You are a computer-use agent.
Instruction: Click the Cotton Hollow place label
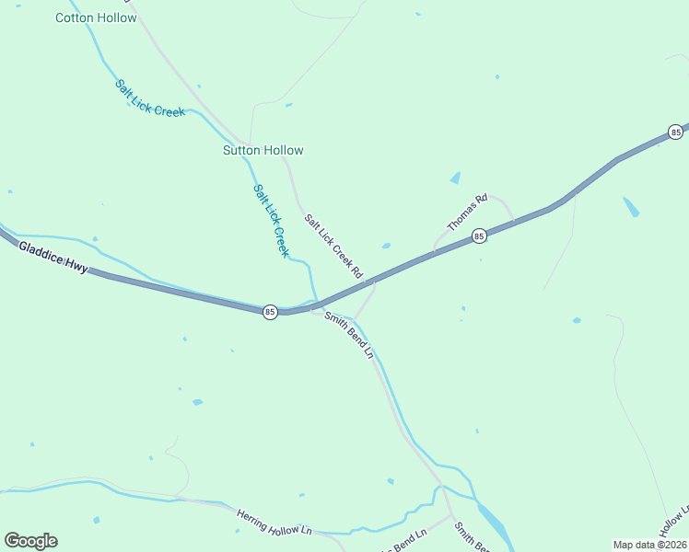point(96,17)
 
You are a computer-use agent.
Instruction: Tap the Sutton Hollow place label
point(263,150)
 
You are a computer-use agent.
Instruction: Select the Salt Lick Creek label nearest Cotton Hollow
point(149,98)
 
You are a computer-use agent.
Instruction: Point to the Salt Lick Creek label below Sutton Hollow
point(271,220)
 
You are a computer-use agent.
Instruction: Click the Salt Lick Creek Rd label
point(334,247)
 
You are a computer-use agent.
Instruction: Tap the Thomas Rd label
point(467,212)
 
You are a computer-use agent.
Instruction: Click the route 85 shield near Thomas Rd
point(479,236)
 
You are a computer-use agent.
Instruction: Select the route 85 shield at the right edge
point(676,132)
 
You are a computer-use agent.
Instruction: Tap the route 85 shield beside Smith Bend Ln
point(269,312)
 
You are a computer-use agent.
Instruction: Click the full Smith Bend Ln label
point(349,335)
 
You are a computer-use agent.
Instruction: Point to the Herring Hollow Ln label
point(274,523)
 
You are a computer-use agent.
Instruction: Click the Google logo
point(30,541)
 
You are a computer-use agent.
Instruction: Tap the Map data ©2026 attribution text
point(649,545)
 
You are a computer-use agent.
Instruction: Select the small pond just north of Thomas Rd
point(455,178)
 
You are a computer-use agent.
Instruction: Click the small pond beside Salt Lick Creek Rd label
point(385,246)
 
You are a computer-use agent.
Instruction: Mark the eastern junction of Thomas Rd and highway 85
point(513,222)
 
